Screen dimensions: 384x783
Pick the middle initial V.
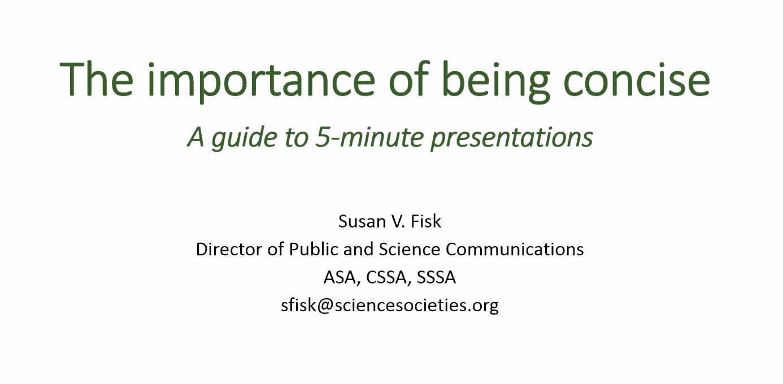pos(397,221)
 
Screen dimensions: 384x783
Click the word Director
pos(230,249)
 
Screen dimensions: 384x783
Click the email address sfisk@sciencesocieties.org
pos(390,306)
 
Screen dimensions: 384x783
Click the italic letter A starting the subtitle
pos(196,137)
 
